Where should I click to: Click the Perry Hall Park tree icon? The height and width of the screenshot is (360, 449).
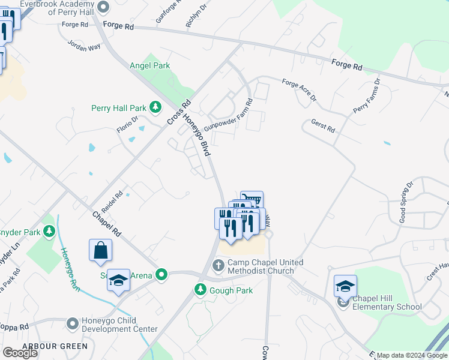pos(155,108)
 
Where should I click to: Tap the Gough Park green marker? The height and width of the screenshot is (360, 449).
pos(200,290)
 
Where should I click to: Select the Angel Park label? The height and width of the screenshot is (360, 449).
pos(150,66)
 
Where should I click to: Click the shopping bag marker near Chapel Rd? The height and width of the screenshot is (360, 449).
pos(100,251)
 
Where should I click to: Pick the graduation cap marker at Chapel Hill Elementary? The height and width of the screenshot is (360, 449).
pos(345,286)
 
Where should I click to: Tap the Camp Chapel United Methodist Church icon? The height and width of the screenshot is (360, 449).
pos(218,265)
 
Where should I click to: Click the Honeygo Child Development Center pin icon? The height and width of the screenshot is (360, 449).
pos(73,324)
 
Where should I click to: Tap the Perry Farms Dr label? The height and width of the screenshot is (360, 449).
pos(367,97)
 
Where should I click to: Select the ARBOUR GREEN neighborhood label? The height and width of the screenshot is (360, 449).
pos(55,346)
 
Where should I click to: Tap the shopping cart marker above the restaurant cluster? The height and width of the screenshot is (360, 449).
pos(252,200)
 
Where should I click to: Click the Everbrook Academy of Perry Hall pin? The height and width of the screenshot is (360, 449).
pos(103,7)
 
